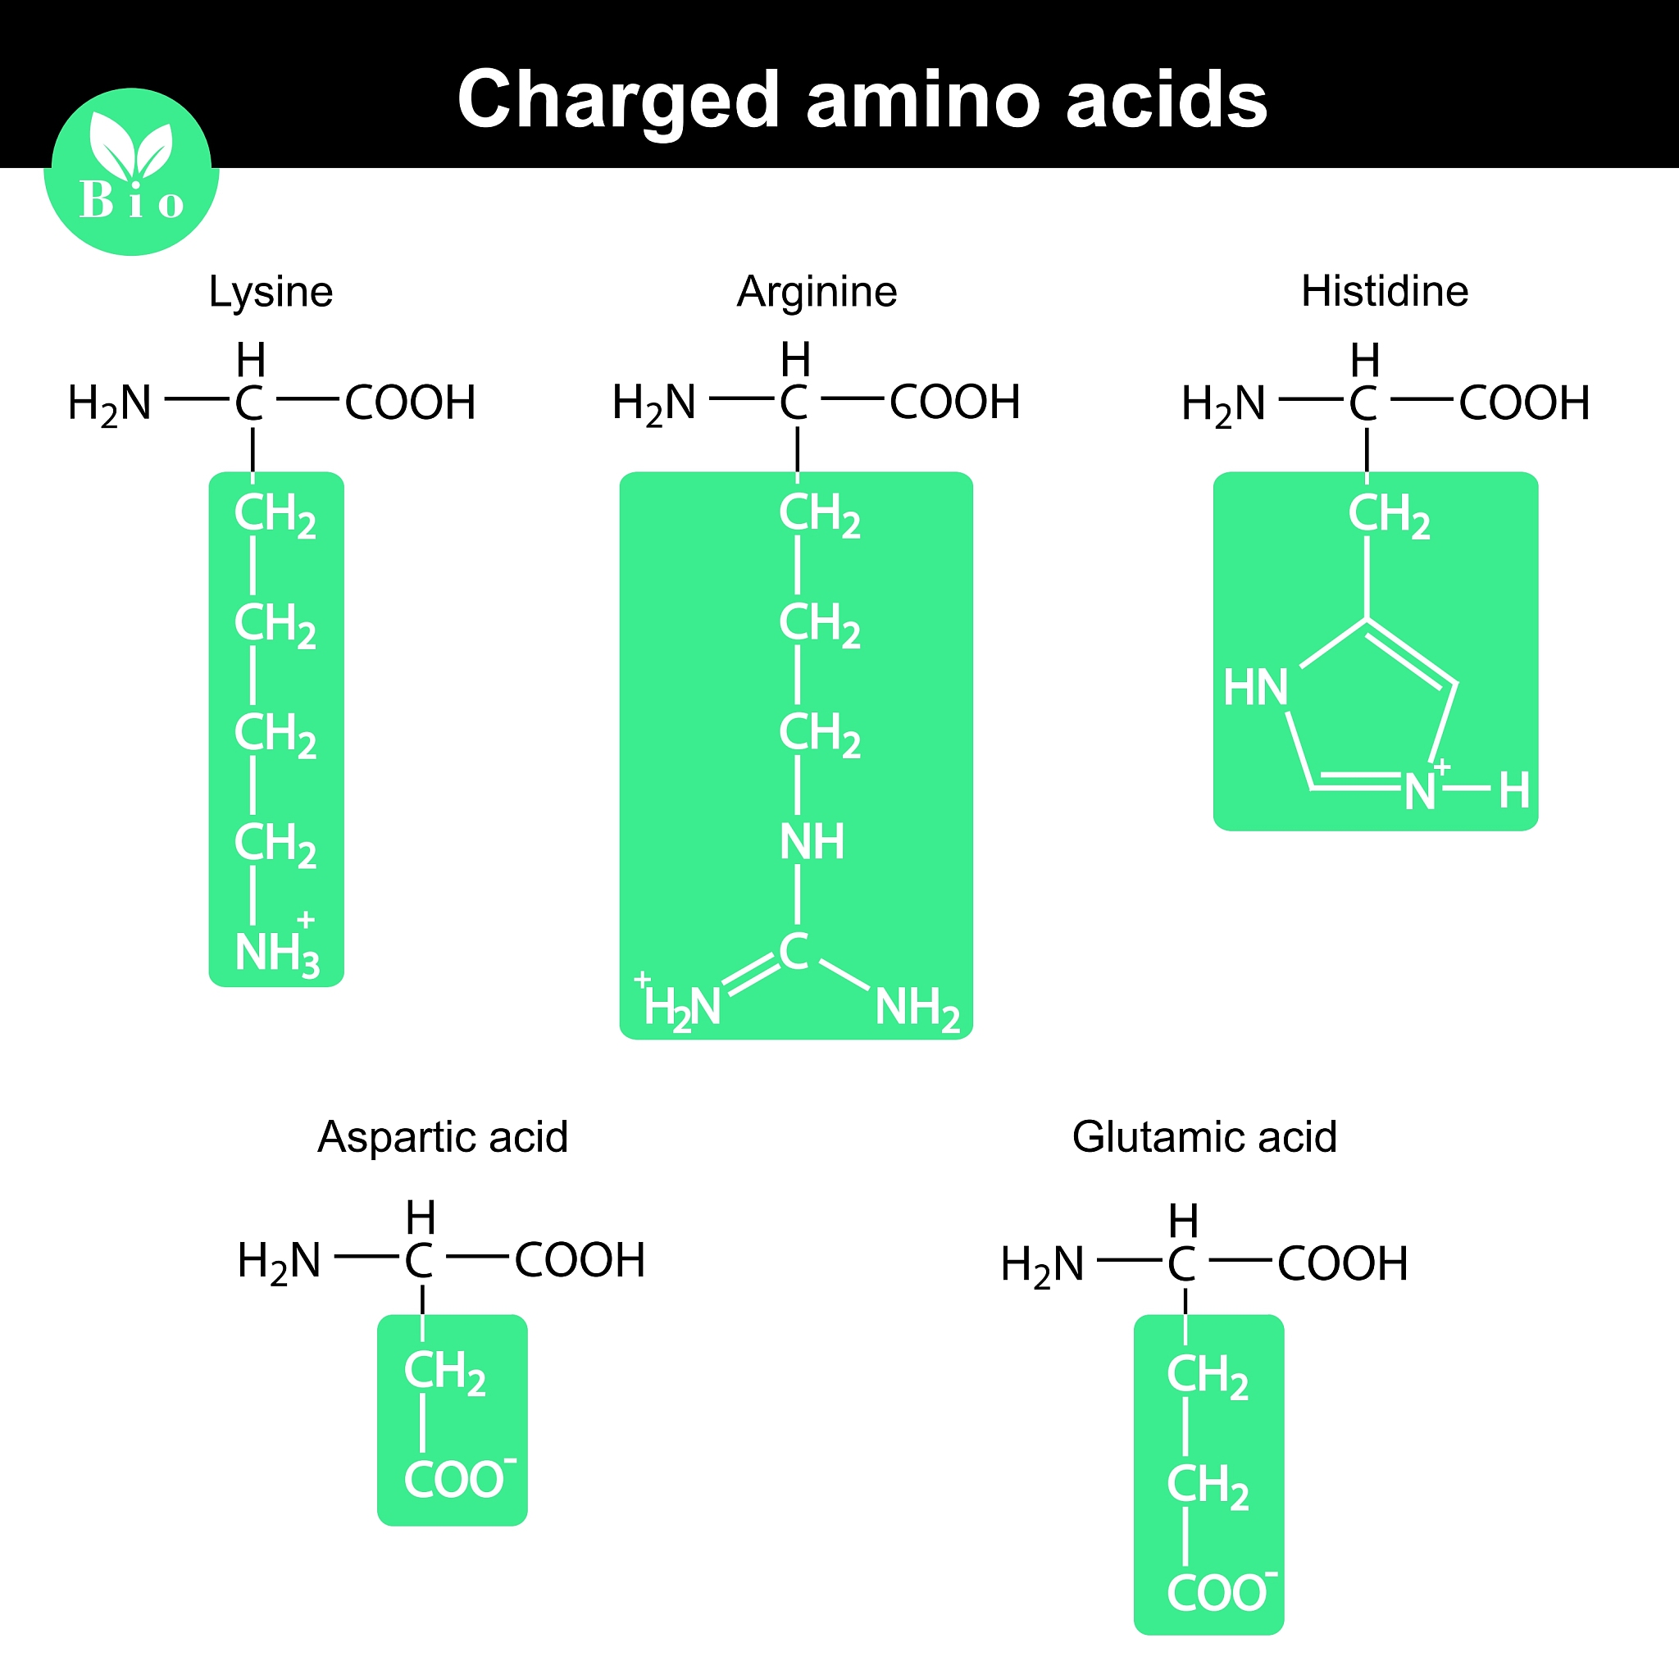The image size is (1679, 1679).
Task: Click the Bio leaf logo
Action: pyautogui.click(x=131, y=171)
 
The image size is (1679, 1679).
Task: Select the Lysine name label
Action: pyautogui.click(x=271, y=293)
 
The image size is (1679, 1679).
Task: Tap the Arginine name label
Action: pyautogui.click(x=817, y=293)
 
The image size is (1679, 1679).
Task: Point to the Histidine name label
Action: pyautogui.click(x=1385, y=291)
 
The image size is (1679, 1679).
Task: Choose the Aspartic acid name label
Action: pyautogui.click(x=443, y=1137)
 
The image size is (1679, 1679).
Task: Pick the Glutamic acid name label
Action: pyautogui.click(x=1204, y=1137)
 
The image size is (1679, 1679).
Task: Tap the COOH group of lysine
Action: pyautogui.click(x=410, y=403)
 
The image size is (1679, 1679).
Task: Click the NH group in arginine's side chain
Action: pyautogui.click(x=812, y=841)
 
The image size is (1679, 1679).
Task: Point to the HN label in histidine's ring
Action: pyautogui.click(x=1255, y=687)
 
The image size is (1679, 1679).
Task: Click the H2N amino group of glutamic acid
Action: pyautogui.click(x=1042, y=1265)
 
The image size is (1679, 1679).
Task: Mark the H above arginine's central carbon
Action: pyautogui.click(x=795, y=360)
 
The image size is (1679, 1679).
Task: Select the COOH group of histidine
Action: pyautogui.click(x=1524, y=403)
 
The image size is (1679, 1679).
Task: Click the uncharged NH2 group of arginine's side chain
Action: pyautogui.click(x=917, y=1009)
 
